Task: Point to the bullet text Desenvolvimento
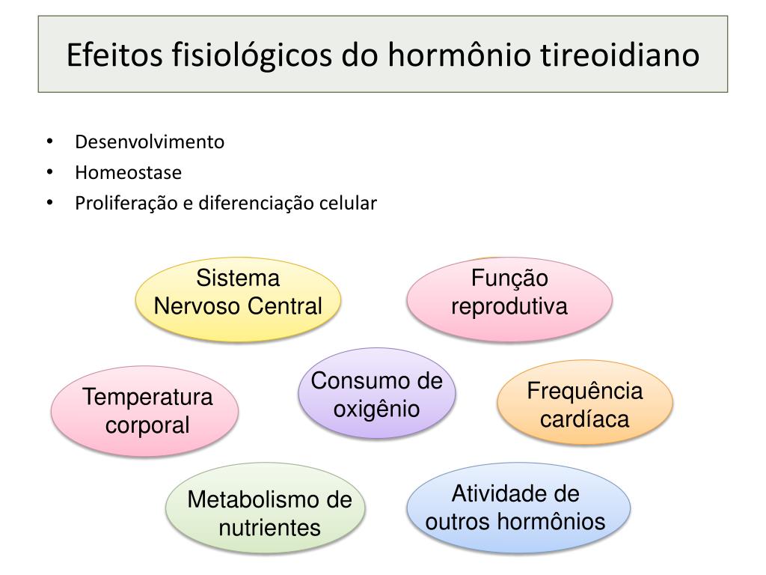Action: point(150,142)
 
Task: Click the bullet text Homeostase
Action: point(128,173)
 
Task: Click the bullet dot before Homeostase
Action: point(49,173)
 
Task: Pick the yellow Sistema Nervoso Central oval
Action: point(238,299)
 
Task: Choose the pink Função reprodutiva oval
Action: point(509,299)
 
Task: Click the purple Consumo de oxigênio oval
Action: point(377,395)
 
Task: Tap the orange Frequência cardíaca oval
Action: point(585,404)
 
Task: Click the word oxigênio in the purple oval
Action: point(376,410)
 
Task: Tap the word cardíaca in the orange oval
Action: point(585,419)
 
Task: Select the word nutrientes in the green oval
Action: point(269,527)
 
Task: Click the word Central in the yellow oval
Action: point(287,306)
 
